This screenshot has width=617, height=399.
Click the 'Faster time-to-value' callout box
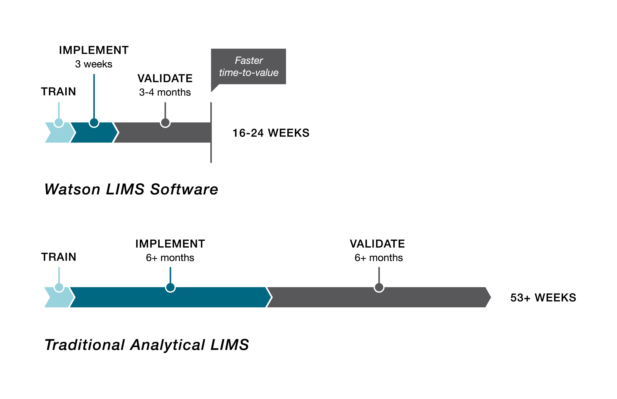pyautogui.click(x=248, y=66)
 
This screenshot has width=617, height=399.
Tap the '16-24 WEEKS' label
pyautogui.click(x=271, y=133)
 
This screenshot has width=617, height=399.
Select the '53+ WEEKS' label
pyautogui.click(x=543, y=297)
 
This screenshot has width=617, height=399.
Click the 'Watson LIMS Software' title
pyautogui.click(x=131, y=189)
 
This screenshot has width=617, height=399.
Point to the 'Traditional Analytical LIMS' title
pyautogui.click(x=147, y=345)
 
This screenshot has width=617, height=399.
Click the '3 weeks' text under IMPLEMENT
pyautogui.click(x=94, y=64)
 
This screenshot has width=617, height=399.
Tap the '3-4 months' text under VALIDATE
pyautogui.click(x=165, y=92)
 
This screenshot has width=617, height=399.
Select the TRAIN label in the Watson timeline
pyautogui.click(x=59, y=91)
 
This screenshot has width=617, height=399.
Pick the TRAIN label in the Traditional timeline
pyautogui.click(x=59, y=257)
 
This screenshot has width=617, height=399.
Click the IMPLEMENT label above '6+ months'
pyautogui.click(x=170, y=244)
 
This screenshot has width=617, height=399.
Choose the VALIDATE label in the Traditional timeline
pyautogui.click(x=377, y=244)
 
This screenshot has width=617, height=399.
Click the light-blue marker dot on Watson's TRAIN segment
pyautogui.click(x=59, y=123)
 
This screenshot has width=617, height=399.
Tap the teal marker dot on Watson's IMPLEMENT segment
pyautogui.click(x=94, y=123)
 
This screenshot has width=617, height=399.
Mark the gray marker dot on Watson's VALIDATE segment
pyautogui.click(x=165, y=123)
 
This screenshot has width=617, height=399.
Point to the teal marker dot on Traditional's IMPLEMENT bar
pyautogui.click(x=170, y=287)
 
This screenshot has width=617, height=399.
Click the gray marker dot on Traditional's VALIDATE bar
pyautogui.click(x=379, y=287)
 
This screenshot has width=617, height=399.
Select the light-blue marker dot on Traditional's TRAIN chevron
pyautogui.click(x=59, y=287)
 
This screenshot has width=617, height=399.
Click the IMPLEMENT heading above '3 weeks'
pyautogui.click(x=94, y=50)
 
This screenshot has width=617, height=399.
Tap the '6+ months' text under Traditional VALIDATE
pyautogui.click(x=379, y=258)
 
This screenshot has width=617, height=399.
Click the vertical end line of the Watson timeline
pyautogui.click(x=211, y=153)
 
